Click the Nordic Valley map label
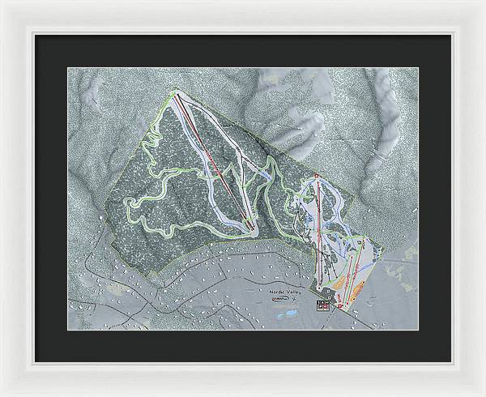(x=287, y=289)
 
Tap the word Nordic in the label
(x=278, y=289)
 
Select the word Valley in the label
(x=296, y=289)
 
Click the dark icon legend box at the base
(x=324, y=305)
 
